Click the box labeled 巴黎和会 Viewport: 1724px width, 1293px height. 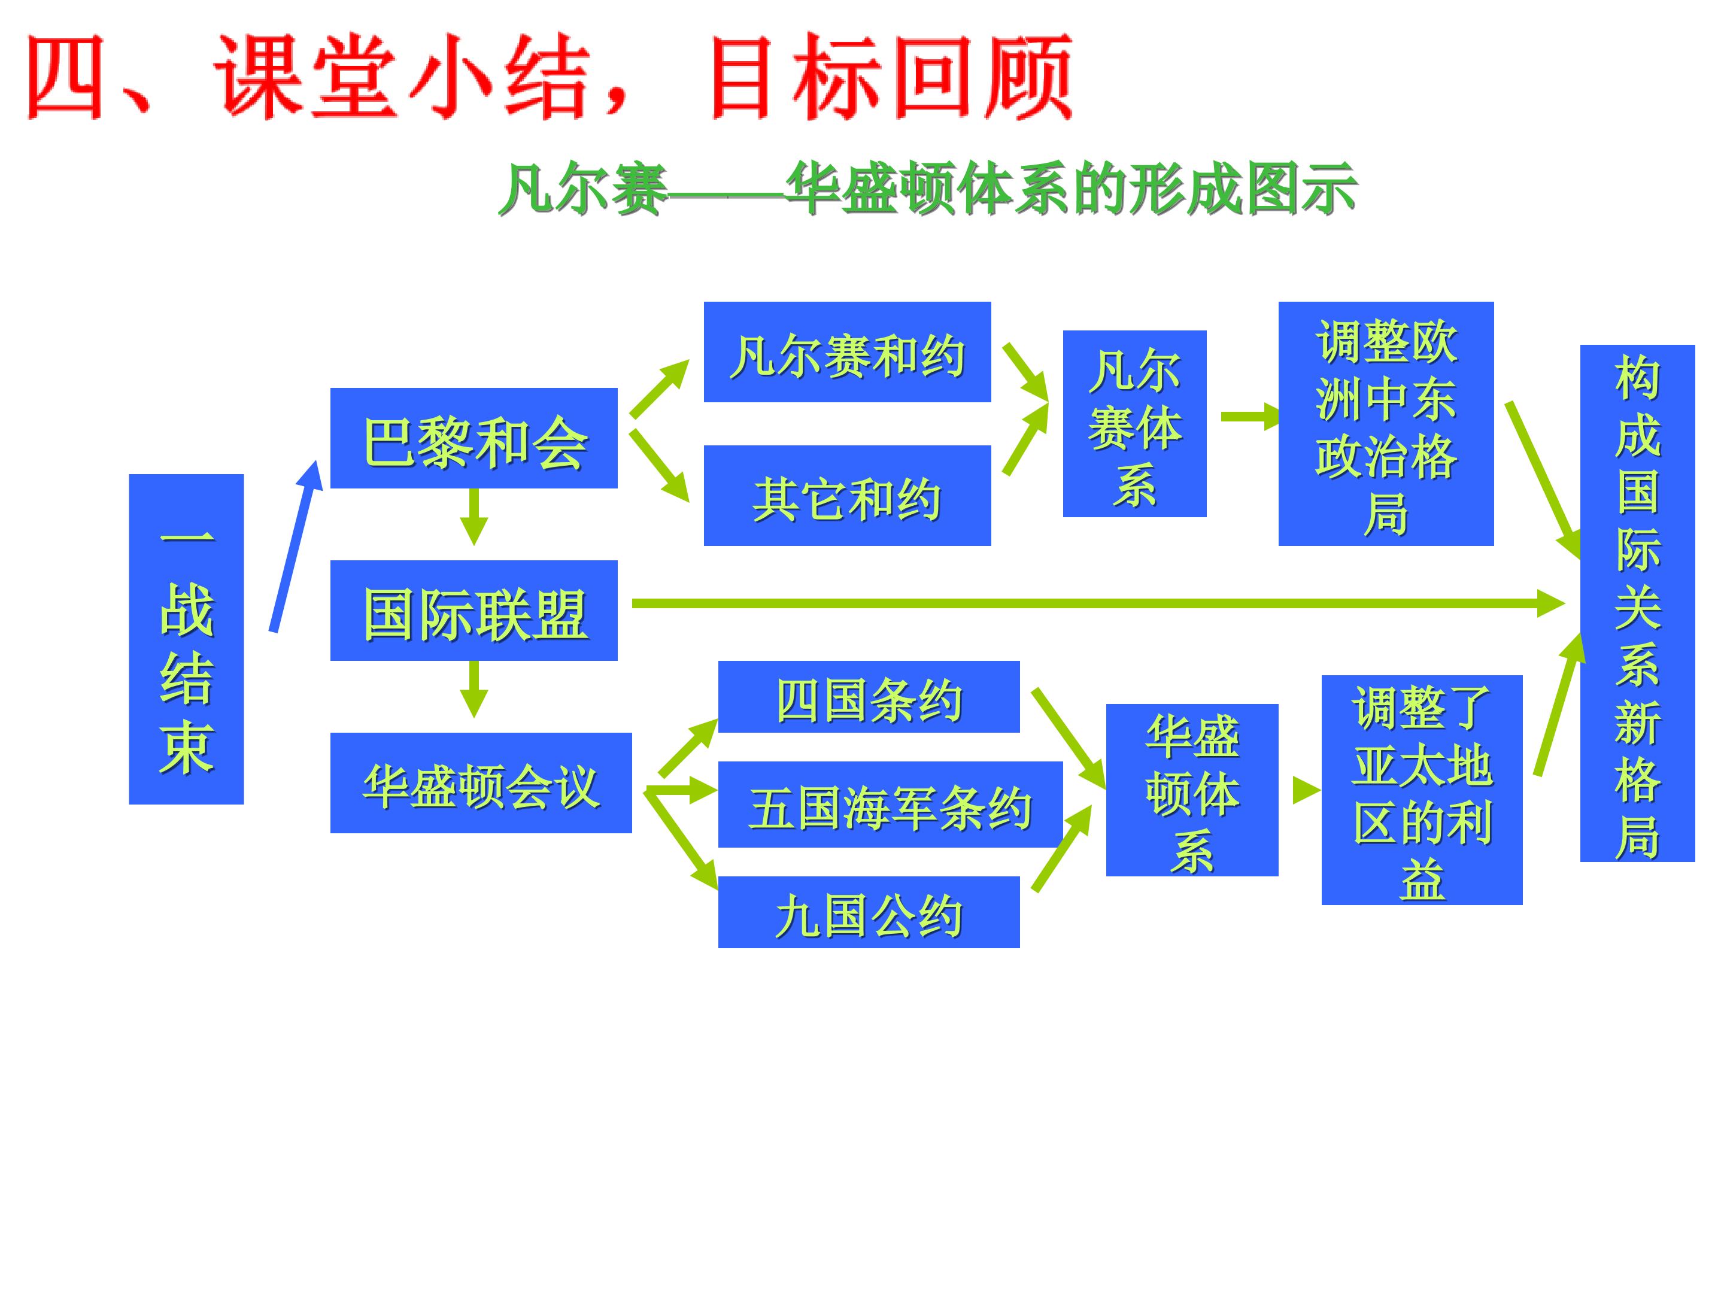pyautogui.click(x=474, y=438)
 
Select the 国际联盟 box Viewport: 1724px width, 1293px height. pyautogui.click(x=474, y=610)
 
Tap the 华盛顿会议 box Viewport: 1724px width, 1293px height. pyautogui.click(x=481, y=782)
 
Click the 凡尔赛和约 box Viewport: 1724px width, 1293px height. pyautogui.click(x=847, y=352)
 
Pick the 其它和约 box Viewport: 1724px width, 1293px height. pyautogui.click(x=847, y=496)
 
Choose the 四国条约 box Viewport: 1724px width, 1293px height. pyautogui.click(x=869, y=697)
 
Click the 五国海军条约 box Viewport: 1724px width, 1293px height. pyautogui.click(x=890, y=805)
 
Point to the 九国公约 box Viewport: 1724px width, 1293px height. pyautogui.click(x=869, y=912)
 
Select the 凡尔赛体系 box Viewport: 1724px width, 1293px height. pyautogui.click(x=1135, y=424)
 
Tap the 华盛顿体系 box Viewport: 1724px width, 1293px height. pyautogui.click(x=1192, y=790)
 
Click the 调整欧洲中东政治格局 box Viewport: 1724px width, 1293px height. pyautogui.click(x=1386, y=424)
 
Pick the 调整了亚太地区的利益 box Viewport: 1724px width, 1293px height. pyautogui.click(x=1422, y=790)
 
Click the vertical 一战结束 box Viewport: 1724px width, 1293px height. pyautogui.click(x=186, y=639)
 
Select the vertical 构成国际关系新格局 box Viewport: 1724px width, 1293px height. pyautogui.click(x=1637, y=603)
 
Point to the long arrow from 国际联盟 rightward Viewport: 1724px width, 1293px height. pyautogui.click(x=1098, y=603)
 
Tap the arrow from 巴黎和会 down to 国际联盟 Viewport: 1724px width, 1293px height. pyautogui.click(x=474, y=517)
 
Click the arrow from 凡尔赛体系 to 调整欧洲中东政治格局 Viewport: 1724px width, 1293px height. pyautogui.click(x=1250, y=417)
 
